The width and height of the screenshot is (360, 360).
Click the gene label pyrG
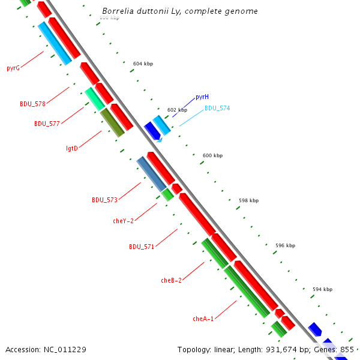point(13,68)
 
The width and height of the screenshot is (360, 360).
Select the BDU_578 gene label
point(32,104)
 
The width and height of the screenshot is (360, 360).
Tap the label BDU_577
point(47,124)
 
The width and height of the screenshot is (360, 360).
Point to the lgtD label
point(71,148)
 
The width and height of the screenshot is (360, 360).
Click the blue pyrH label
point(202,97)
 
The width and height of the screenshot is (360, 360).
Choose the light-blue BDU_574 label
point(217,108)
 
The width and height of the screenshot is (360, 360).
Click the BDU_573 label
point(104,200)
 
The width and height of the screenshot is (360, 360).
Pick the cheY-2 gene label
point(124,221)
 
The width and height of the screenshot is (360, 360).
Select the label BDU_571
point(142,247)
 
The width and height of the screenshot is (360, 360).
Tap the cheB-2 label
point(171,280)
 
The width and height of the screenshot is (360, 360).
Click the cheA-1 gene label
point(203,319)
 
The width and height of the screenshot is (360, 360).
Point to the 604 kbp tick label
point(143,63)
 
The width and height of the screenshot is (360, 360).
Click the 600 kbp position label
point(212,155)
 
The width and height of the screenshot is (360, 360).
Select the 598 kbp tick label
point(248,200)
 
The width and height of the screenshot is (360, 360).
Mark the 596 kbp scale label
point(285,245)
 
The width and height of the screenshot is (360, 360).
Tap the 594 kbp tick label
point(322,289)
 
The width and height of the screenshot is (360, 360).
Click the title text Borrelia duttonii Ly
point(180,11)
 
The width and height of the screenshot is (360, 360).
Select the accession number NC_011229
point(46,349)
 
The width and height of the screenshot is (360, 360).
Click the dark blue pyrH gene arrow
point(152,130)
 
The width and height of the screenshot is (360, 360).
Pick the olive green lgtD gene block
point(112,122)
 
